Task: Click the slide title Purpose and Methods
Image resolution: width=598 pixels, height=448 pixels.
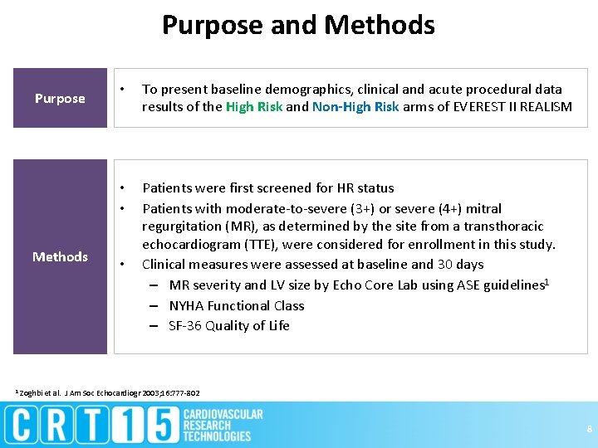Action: pyautogui.click(x=298, y=25)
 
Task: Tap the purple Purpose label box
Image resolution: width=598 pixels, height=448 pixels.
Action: pyautogui.click(x=60, y=98)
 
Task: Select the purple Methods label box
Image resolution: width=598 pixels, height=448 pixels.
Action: pyautogui.click(x=60, y=256)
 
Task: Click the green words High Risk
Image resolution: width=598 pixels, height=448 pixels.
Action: pyautogui.click(x=254, y=106)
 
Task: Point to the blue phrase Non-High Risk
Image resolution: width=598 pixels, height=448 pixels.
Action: pyautogui.click(x=355, y=106)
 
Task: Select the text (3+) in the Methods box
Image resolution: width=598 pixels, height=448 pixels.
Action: pyautogui.click(x=360, y=208)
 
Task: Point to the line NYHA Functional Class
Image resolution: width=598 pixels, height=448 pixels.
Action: pyautogui.click(x=236, y=305)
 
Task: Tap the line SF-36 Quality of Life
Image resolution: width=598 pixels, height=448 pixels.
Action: pyautogui.click(x=228, y=325)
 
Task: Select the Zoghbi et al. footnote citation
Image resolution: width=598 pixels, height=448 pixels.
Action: pyautogui.click(x=108, y=392)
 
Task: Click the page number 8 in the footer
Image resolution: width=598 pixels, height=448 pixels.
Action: pyautogui.click(x=588, y=429)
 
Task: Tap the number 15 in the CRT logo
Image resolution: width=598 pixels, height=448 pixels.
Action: pyautogui.click(x=154, y=425)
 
